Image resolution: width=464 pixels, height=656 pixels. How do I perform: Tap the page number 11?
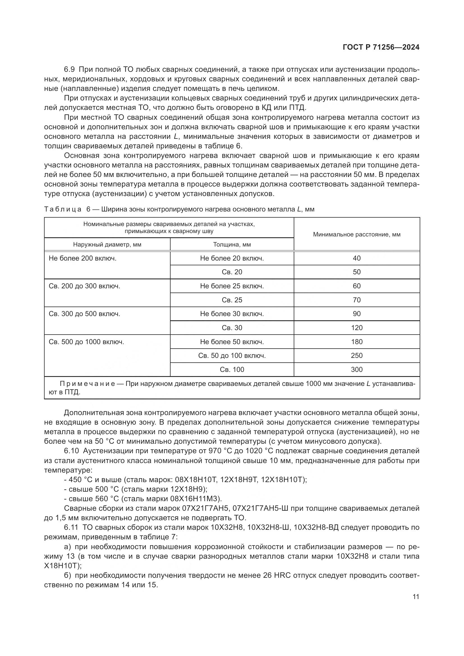pos(416,597)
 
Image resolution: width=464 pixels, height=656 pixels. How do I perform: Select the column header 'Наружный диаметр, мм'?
pos(107,245)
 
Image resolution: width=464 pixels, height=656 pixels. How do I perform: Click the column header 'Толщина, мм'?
pos(232,245)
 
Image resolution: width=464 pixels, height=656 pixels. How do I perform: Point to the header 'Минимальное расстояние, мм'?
pos(357,234)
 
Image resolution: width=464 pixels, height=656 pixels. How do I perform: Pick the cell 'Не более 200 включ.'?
pos(82,258)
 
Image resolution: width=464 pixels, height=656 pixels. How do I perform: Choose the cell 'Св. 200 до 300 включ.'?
pos(84,286)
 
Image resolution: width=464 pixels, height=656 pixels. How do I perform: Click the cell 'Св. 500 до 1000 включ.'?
pos(86,342)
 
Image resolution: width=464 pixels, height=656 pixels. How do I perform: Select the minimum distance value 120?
pos(357,328)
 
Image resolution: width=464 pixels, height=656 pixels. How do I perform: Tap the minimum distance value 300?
pos(357,369)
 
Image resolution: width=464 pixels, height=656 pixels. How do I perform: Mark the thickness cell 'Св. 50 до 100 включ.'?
pos(232,355)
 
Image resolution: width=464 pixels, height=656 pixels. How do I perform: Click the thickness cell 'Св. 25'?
pos(232,300)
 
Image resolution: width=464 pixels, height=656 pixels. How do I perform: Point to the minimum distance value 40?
pos(357,258)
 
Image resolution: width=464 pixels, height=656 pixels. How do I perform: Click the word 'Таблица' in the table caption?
pos(63,209)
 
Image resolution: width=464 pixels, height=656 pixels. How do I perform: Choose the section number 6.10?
pos(71,451)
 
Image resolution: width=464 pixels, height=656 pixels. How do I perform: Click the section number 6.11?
pos(71,527)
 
